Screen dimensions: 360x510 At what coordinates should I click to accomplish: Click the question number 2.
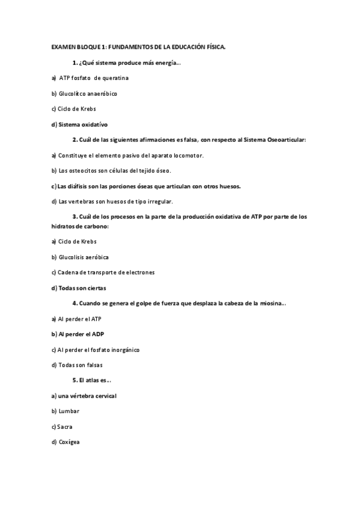(x=75, y=140)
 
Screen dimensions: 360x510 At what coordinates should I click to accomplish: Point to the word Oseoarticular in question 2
(x=287, y=140)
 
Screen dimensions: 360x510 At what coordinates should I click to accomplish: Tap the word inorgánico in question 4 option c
(x=128, y=349)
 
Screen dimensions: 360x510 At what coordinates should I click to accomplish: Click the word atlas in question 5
(x=93, y=380)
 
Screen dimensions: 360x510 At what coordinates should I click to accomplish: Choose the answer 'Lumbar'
(x=69, y=411)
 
